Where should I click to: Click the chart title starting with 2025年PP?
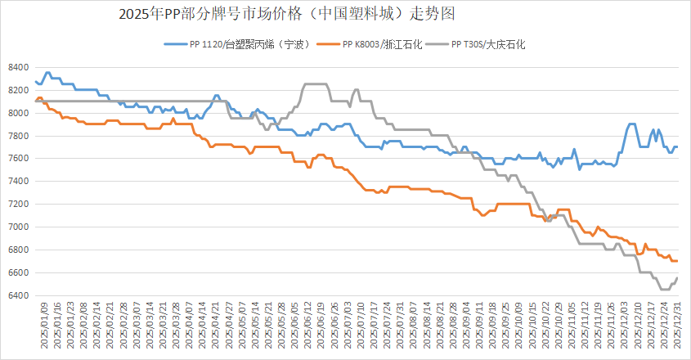point(287,14)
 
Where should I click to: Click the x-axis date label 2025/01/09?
point(45,327)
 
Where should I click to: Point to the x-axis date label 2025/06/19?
point(321,327)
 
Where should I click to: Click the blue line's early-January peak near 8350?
point(47,73)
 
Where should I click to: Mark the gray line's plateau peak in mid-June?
point(316,83)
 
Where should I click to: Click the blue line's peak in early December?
point(631,124)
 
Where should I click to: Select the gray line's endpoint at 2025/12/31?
point(677,278)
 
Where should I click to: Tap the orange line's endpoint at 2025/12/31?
point(677,261)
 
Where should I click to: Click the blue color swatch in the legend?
point(174,43)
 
